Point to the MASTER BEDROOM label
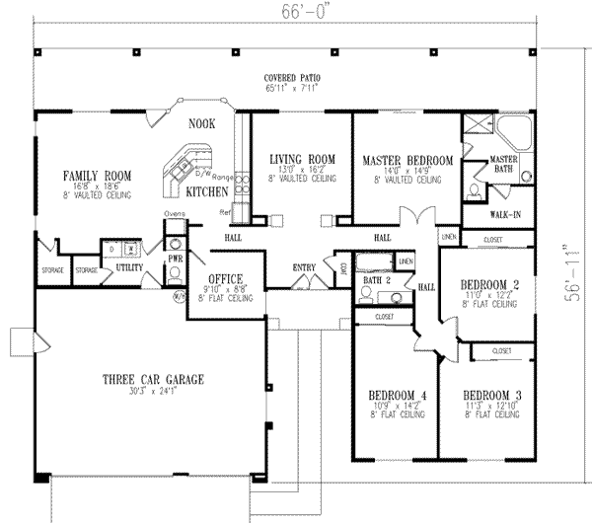coord(407,160)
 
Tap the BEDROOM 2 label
coord(489,286)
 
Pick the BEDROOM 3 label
coord(490,392)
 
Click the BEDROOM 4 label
coord(396,392)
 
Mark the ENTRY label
coord(304,266)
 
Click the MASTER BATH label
coord(504,164)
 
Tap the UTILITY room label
coord(130,267)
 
